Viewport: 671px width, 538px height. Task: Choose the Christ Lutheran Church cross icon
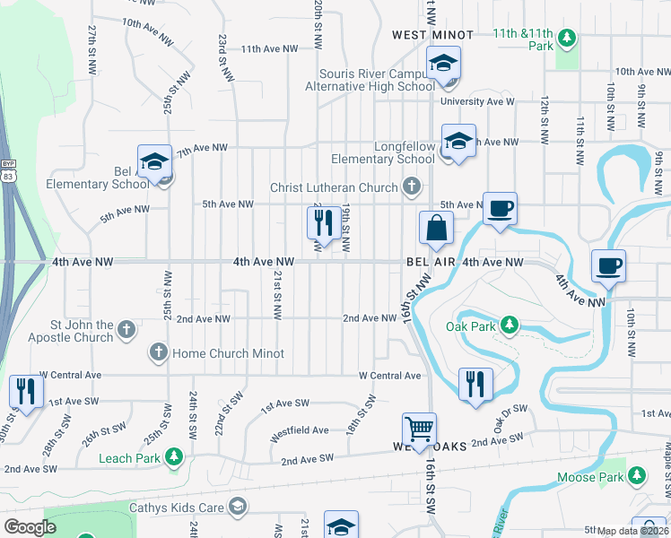[x=411, y=187]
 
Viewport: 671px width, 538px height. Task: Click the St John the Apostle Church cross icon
[x=126, y=330]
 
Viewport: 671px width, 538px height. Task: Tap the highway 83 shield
[x=7, y=178]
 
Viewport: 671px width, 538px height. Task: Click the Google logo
[x=30, y=527]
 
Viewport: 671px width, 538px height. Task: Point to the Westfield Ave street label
[x=301, y=430]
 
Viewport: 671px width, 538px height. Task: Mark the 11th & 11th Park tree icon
[x=566, y=38]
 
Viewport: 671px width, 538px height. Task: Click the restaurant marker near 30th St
[x=25, y=392]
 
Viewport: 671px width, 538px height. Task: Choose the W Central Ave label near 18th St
[x=389, y=376]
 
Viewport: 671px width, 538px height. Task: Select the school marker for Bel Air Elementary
[x=154, y=162]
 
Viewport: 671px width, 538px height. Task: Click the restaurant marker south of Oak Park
[x=475, y=384]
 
